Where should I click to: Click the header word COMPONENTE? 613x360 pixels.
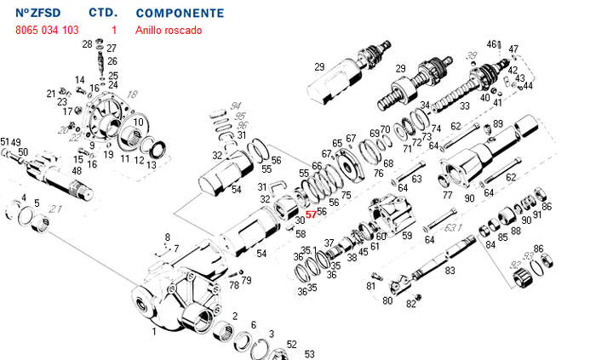(180, 14)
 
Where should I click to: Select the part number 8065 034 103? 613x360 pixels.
(47, 30)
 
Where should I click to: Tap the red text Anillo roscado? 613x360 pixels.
(169, 30)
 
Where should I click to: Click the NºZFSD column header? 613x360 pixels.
(39, 14)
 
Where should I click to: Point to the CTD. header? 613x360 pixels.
(103, 14)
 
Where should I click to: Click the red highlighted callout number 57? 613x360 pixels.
(311, 215)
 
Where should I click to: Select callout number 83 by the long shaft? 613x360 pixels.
(450, 270)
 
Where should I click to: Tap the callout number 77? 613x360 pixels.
(447, 195)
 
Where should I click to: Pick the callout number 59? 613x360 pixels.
(406, 236)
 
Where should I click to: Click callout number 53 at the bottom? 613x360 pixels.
(309, 353)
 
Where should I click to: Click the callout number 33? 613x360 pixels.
(464, 106)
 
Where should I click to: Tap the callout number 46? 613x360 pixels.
(492, 43)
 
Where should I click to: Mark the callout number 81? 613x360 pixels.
(370, 286)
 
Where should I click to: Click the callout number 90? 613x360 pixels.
(469, 198)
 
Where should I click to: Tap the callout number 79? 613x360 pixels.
(246, 280)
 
